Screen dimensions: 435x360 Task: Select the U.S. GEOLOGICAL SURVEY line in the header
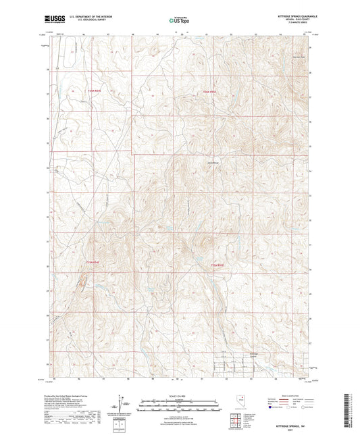click(x=87, y=20)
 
